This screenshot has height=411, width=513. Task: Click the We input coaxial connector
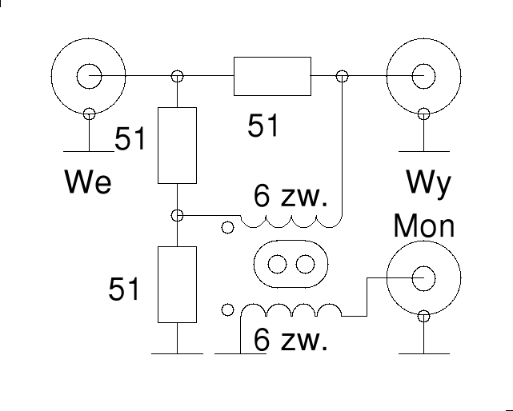point(86,77)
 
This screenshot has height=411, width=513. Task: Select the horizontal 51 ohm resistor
point(272,77)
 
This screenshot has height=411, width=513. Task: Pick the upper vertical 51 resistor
point(178,145)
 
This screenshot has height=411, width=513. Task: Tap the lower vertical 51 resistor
point(178,284)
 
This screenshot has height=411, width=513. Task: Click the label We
point(88,183)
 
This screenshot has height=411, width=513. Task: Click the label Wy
point(428,184)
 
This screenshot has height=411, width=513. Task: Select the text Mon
point(423,226)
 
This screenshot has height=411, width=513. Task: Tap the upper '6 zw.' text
point(290,197)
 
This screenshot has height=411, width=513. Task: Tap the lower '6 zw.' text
point(290,341)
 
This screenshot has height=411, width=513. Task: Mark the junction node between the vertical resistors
point(178,215)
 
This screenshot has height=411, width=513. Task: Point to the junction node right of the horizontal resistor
point(343,77)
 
